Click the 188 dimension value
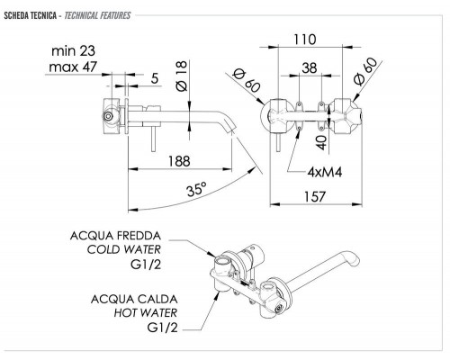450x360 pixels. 179,161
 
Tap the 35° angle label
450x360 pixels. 197,189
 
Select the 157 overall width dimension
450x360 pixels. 315,197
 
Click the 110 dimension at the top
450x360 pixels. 305,40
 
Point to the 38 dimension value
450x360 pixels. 310,67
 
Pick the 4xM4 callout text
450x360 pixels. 325,172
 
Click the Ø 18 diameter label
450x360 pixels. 182,76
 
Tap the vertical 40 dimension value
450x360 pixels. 321,142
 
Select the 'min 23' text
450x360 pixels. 73,50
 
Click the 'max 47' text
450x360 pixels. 73,67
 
